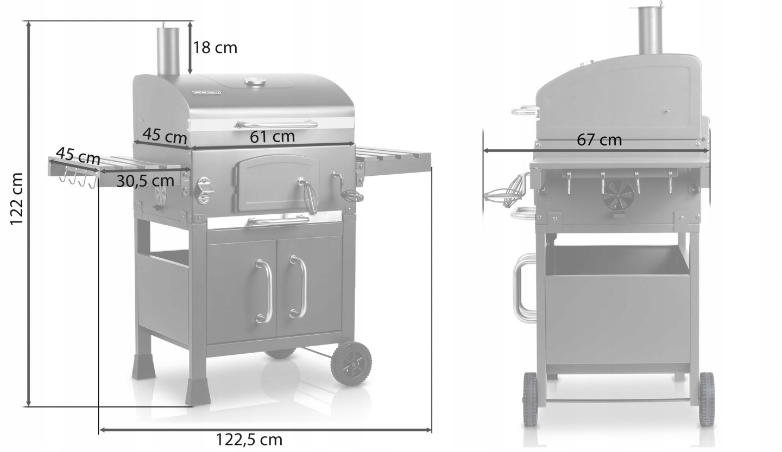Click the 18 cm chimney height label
(x=215, y=48)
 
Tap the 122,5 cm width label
(x=249, y=440)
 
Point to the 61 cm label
(x=272, y=136)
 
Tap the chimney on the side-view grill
(x=650, y=31)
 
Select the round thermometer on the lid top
(x=255, y=82)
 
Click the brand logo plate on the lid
(x=207, y=93)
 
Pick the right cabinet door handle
(x=298, y=287)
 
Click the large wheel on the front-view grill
(x=351, y=363)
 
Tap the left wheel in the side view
(x=529, y=399)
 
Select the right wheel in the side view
(x=707, y=399)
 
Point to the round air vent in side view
(x=619, y=196)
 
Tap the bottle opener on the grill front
(x=204, y=190)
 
